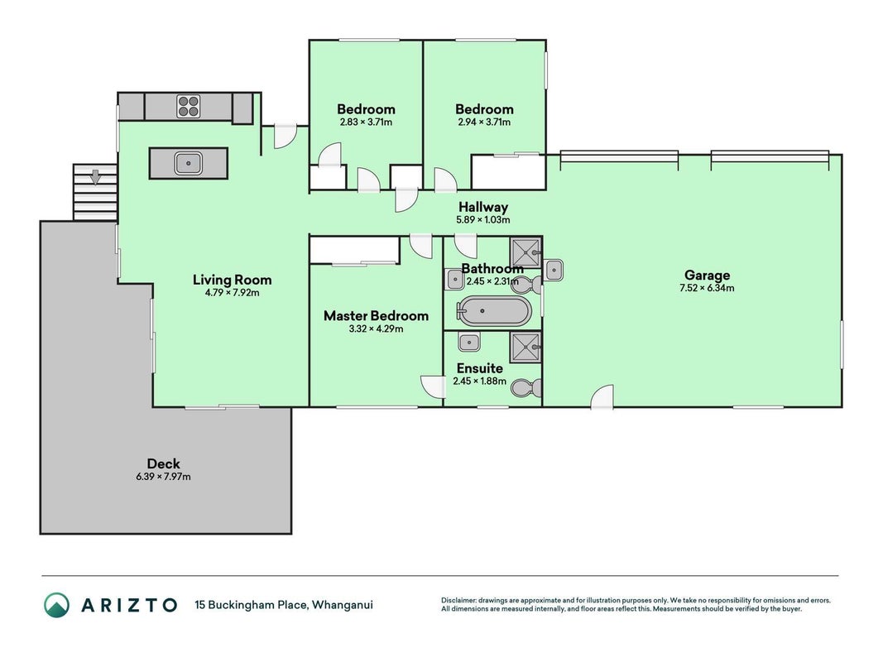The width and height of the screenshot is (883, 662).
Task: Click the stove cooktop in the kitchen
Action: [189, 107]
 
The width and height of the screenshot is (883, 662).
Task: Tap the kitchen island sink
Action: [188, 163]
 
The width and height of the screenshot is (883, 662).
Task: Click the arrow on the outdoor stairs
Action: [96, 177]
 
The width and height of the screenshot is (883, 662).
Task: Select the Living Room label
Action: [232, 280]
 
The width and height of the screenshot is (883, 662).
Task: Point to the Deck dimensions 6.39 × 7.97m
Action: [163, 477]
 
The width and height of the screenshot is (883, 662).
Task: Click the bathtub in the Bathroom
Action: [493, 311]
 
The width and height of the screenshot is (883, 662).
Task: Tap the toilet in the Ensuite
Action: [528, 388]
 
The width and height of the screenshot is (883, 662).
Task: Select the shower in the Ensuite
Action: [526, 347]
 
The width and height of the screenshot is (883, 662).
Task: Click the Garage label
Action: [707, 276]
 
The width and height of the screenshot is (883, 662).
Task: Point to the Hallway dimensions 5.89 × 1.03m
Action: [482, 219]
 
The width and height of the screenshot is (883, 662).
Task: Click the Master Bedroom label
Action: [376, 316]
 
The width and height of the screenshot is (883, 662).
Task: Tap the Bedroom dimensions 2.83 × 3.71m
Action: [366, 122]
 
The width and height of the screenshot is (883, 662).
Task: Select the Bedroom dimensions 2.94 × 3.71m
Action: [484, 122]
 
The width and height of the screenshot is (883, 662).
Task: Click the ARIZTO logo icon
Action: [57, 605]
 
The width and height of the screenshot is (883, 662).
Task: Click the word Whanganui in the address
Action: [343, 605]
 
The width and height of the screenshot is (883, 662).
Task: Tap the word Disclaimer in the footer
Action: [458, 601]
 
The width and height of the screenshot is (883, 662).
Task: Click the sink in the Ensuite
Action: [468, 342]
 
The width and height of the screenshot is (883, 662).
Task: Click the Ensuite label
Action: [479, 369]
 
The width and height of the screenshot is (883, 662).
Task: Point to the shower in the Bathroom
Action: [526, 253]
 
